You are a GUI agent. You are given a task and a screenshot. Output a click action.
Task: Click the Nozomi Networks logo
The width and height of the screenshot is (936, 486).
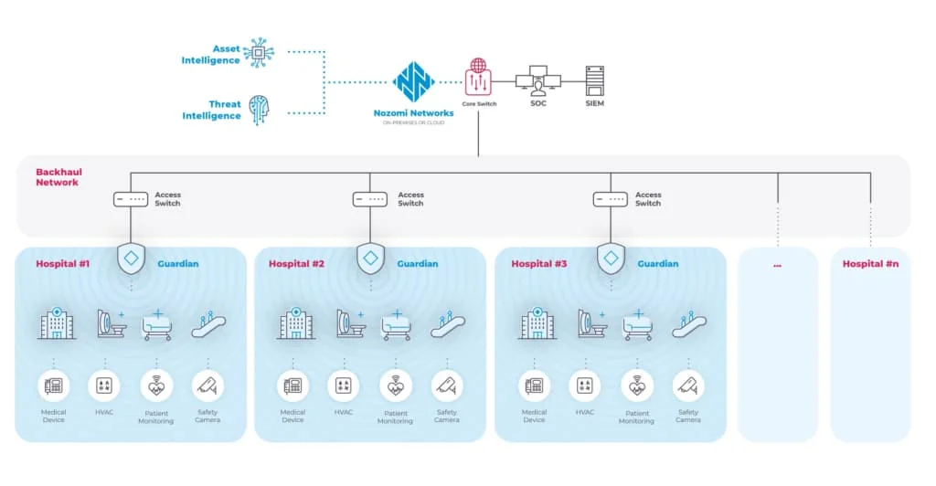(x=413, y=81)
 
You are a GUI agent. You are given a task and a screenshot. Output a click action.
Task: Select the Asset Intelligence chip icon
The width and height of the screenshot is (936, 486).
(x=259, y=53)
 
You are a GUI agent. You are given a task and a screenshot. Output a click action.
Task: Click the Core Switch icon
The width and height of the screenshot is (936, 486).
(x=477, y=79)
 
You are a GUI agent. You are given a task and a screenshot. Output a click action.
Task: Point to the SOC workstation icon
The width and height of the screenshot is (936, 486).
(x=537, y=82)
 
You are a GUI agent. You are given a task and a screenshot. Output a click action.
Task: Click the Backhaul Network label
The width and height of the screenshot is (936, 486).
(x=57, y=177)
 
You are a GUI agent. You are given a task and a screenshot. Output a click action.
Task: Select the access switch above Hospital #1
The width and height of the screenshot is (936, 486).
(x=130, y=199)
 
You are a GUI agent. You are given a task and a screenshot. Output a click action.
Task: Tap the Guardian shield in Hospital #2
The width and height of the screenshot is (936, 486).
(x=370, y=259)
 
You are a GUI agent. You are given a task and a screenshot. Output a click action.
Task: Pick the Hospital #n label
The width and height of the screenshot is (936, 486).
(x=870, y=264)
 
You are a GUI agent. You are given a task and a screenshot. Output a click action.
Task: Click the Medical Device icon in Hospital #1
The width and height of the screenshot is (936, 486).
(x=54, y=386)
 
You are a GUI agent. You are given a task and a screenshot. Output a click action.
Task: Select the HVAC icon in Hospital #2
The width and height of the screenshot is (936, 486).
(x=344, y=386)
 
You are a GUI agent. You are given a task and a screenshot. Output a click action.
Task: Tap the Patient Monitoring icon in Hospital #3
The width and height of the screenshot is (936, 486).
(x=636, y=386)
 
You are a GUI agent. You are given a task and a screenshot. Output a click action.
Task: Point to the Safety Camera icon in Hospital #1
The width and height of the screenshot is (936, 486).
(x=207, y=386)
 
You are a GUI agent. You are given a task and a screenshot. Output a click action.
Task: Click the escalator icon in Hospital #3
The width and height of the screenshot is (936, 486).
(x=689, y=324)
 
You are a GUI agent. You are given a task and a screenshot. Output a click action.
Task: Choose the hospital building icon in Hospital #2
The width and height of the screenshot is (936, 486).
(x=294, y=323)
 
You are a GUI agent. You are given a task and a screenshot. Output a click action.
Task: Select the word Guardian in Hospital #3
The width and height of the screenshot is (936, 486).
(x=658, y=264)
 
